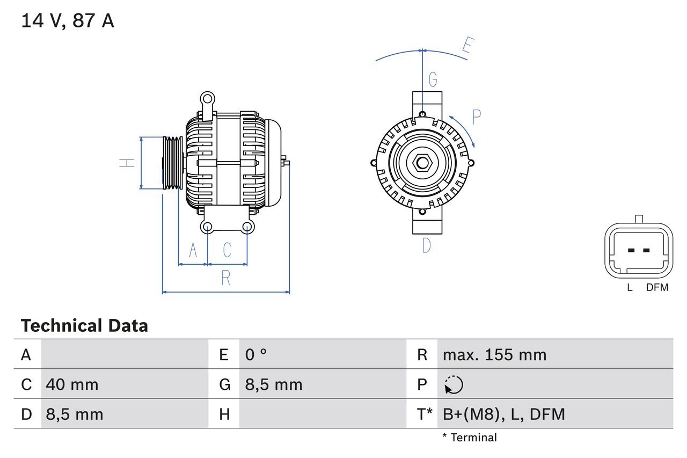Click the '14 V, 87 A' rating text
[x=68, y=21]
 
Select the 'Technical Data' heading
[x=84, y=325]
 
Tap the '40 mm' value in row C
[x=72, y=384]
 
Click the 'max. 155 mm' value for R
[x=494, y=354]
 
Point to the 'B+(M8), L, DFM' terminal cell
[x=503, y=414]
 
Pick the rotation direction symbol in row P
[x=454, y=384]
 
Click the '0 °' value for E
[x=256, y=354]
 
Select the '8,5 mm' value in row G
[x=274, y=384]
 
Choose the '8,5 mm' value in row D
[x=75, y=414]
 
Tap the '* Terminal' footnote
[x=470, y=438]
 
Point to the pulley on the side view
[x=173, y=163]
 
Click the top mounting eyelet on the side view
[x=207, y=98]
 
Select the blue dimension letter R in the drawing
[x=226, y=278]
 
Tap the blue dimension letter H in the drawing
[x=127, y=162]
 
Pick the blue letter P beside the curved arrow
[x=477, y=117]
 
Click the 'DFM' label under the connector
[x=657, y=287]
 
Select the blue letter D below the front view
[x=426, y=245]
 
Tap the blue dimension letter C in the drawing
[x=227, y=250]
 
